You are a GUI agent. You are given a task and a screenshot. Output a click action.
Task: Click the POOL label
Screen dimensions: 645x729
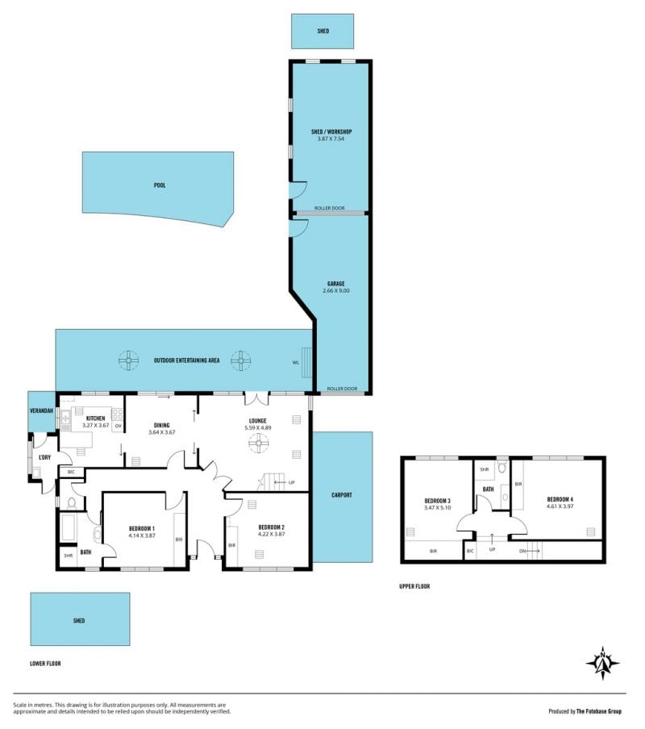pos(160,185)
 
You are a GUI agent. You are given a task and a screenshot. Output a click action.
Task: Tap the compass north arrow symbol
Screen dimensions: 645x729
pos(603,663)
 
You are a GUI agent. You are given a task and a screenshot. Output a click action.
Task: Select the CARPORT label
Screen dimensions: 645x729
pos(342,495)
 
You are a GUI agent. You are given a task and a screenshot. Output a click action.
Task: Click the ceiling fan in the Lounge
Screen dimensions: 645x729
pos(258,443)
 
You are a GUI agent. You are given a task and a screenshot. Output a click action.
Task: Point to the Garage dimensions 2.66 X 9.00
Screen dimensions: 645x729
pos(336,290)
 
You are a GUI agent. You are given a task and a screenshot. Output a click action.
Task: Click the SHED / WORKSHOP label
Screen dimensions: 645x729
pos(331,131)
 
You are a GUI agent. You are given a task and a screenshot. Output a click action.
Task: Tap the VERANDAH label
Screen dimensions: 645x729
pos(41,411)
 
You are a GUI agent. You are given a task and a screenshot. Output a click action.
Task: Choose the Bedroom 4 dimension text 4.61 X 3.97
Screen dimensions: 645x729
pos(560,506)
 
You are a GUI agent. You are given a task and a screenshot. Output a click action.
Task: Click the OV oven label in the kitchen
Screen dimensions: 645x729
pos(118,426)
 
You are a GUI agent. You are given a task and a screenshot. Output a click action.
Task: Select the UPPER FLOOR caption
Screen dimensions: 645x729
pos(414,586)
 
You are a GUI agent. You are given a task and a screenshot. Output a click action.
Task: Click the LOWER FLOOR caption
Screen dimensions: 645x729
pos(45,664)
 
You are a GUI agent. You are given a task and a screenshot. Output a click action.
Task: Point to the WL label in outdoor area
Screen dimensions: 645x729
pos(296,363)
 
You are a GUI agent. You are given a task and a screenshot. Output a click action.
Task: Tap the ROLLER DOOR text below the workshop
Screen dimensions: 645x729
pos(330,208)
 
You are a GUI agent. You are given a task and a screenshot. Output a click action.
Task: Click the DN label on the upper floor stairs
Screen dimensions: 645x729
pos(522,551)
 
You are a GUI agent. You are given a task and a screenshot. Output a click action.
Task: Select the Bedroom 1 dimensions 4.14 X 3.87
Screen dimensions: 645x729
pos(142,535)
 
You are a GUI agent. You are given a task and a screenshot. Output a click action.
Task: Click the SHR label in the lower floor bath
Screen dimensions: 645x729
pos(69,556)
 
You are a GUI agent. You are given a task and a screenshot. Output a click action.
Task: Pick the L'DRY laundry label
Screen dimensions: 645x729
pos(44,457)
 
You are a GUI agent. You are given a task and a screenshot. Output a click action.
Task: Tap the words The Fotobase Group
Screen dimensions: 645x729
pos(598,711)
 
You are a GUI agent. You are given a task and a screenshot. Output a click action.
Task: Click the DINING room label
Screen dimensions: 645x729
pos(162,425)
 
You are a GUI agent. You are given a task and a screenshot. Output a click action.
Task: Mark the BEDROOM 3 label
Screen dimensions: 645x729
pos(437,501)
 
